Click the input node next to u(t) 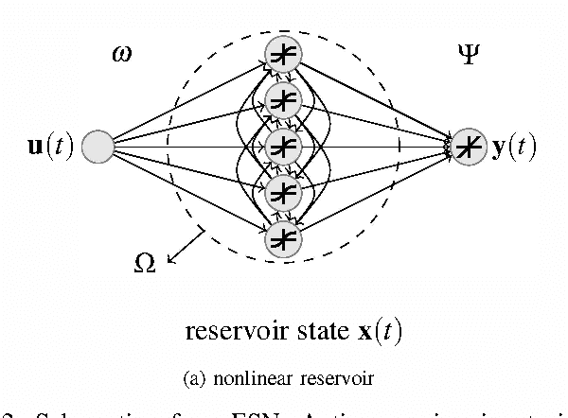98,147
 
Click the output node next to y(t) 467,147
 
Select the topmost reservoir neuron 283,53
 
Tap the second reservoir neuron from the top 283,99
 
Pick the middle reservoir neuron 283,146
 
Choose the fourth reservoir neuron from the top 283,192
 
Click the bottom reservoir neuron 283,238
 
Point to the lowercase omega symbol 123,55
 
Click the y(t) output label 511,148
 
